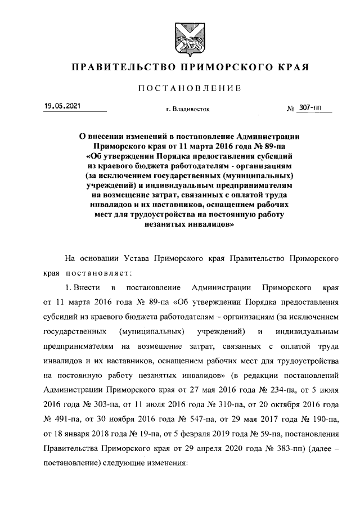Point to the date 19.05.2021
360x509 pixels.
[x=62, y=106]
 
